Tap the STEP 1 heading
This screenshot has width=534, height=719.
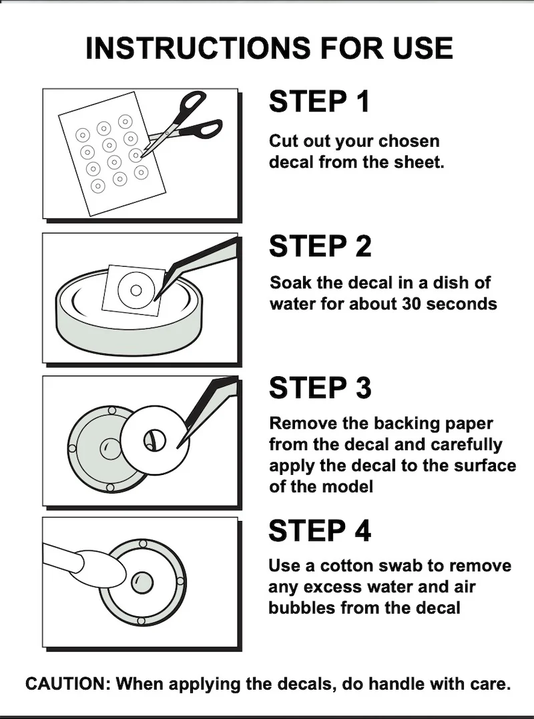(319, 101)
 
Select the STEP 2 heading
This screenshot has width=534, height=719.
(320, 245)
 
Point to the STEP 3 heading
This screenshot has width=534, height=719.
(320, 388)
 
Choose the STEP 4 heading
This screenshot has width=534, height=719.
(320, 530)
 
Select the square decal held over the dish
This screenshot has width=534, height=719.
(133, 291)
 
